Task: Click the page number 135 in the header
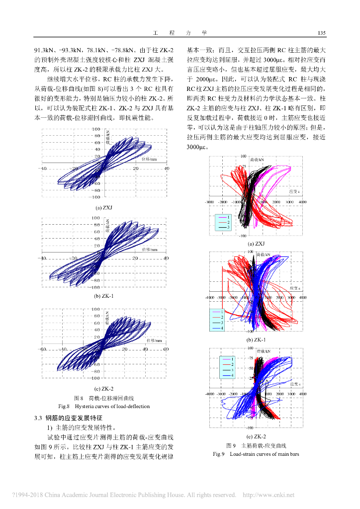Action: [x=321, y=33]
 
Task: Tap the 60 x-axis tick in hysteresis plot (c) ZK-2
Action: [x=166, y=349]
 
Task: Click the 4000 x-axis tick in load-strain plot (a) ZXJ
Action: [x=302, y=202]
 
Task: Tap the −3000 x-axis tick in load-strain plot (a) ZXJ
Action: [x=209, y=202]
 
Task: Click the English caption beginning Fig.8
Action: [x=104, y=406]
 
